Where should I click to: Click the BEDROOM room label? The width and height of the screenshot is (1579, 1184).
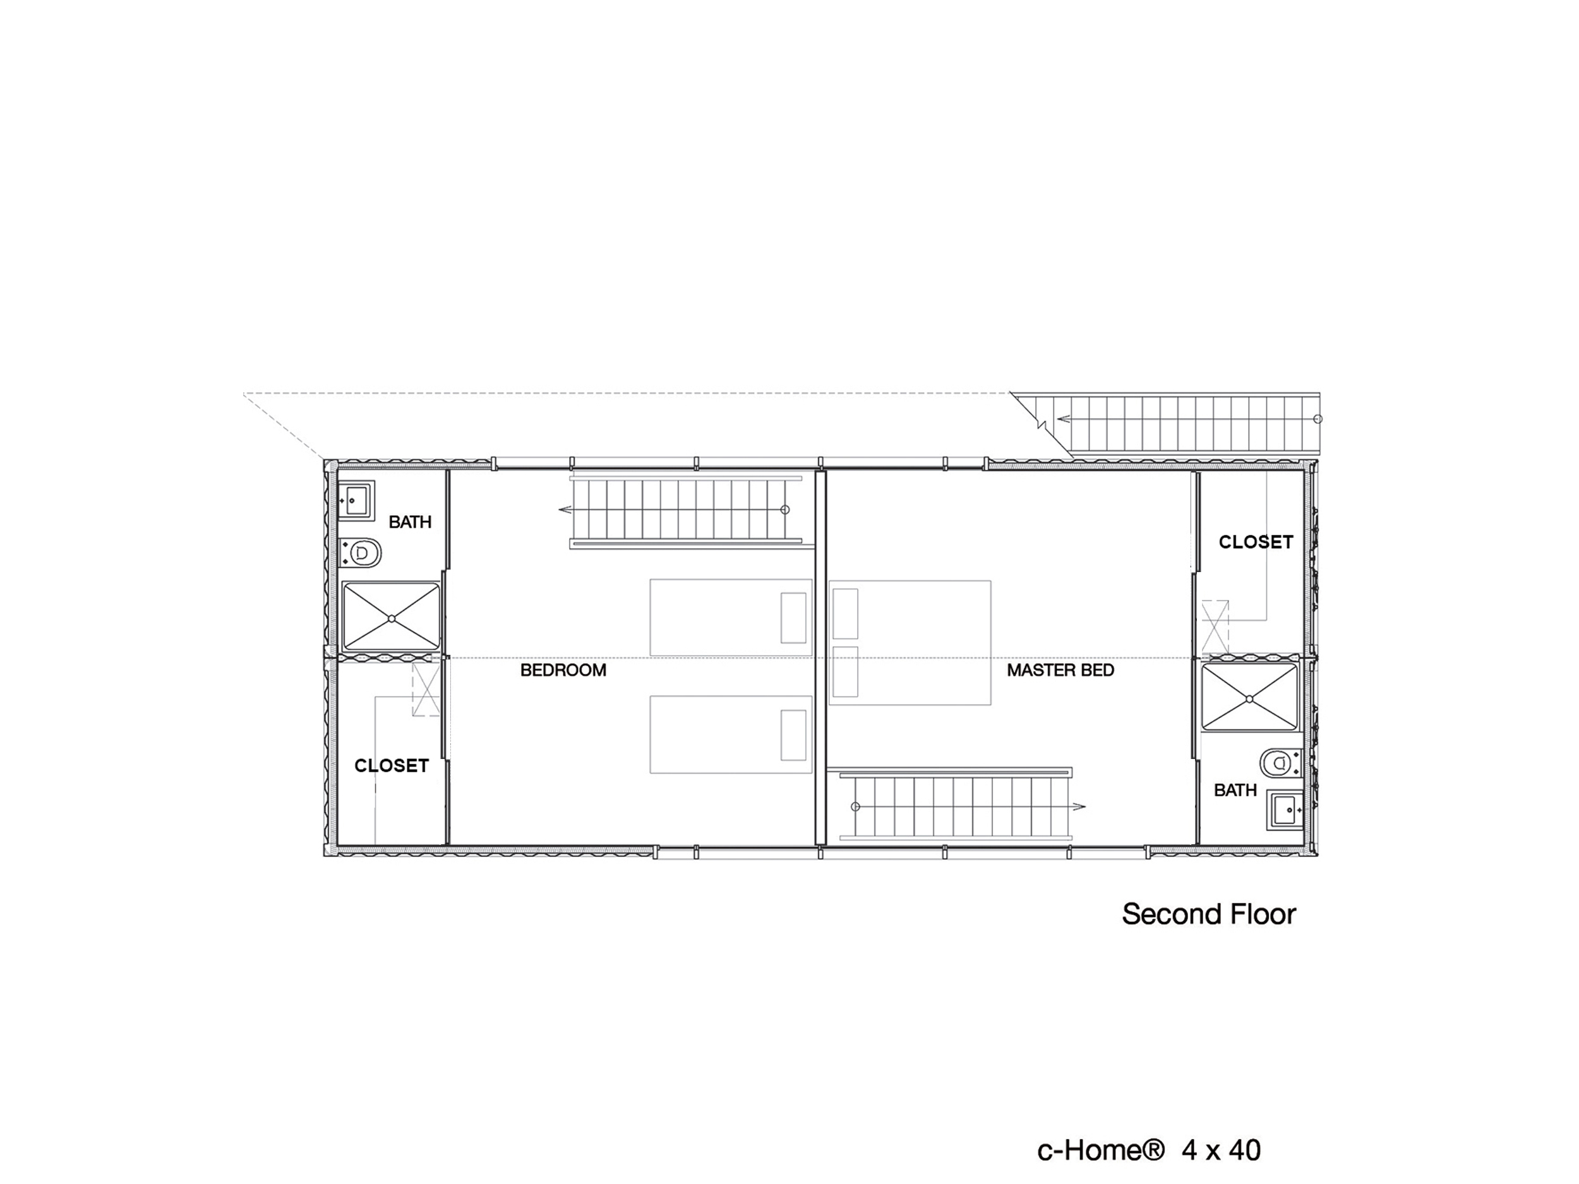coord(563,670)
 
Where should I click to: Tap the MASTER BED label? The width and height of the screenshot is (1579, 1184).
coord(1060,670)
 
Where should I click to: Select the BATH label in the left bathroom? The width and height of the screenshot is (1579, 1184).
coord(410,522)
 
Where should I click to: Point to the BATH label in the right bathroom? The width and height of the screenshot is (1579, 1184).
coord(1235,790)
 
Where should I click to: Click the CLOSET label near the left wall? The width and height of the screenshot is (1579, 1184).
coord(391,766)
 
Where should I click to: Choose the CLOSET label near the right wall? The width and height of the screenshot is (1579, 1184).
coord(1256,542)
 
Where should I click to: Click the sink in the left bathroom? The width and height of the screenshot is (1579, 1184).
coord(356,500)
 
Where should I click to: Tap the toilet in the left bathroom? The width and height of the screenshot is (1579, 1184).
coord(361,553)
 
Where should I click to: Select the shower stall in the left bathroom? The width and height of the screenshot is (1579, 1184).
coord(391,618)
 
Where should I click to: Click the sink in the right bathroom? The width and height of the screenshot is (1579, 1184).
coord(1285,810)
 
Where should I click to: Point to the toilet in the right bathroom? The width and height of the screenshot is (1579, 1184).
coord(1281,763)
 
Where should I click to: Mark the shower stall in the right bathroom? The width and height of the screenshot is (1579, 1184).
coord(1249,698)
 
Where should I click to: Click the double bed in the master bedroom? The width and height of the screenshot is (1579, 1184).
coord(910,642)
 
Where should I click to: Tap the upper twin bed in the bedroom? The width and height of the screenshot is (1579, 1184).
coord(731,618)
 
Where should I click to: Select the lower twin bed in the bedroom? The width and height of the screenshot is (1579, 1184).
coord(731,734)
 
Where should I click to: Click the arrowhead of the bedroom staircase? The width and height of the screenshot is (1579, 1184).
coord(565,510)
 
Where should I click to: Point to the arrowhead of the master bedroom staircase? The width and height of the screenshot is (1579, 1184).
coord(1079,806)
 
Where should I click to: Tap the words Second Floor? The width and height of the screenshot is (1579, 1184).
coord(1208,914)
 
